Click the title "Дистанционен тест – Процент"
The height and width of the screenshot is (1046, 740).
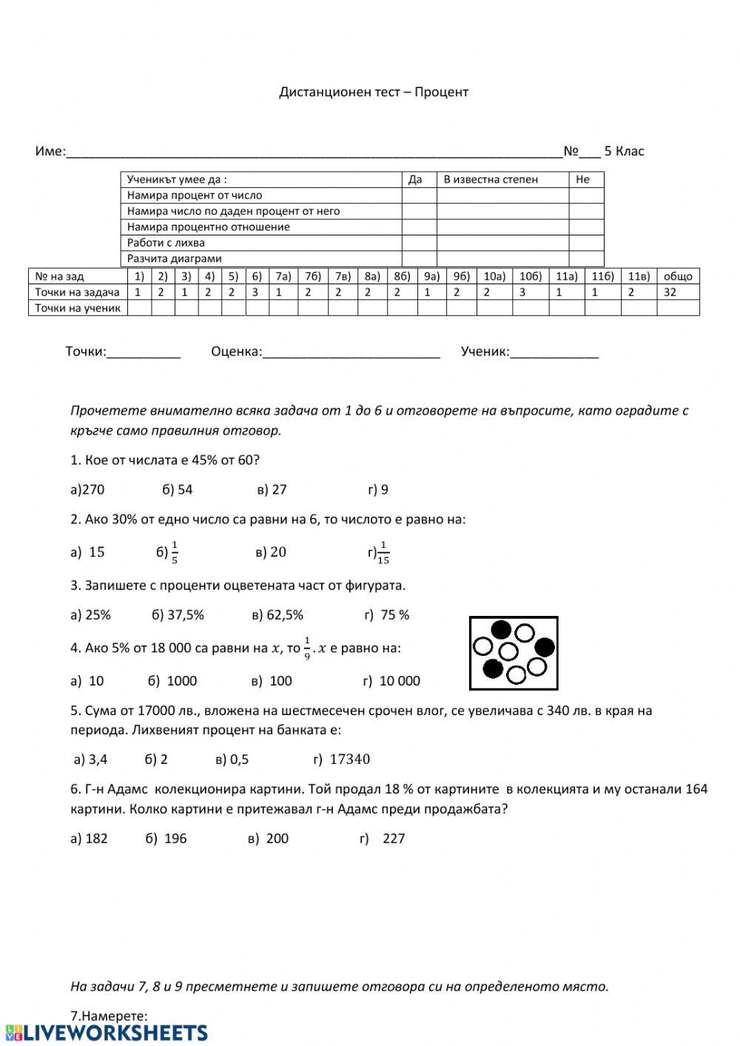tap(374, 92)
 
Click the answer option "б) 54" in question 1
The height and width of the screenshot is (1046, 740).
tap(177, 489)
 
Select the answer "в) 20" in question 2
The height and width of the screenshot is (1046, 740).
tap(271, 552)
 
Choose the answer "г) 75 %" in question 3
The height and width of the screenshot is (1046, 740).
tap(386, 615)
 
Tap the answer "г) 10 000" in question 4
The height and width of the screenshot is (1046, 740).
tap(391, 681)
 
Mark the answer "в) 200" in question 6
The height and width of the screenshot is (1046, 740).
tap(269, 839)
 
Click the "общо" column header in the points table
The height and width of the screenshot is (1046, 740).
tap(678, 276)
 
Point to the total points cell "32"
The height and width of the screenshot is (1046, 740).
tap(670, 292)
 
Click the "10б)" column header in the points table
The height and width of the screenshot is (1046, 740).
tap(531, 276)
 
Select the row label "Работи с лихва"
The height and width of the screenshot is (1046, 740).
tap(166, 243)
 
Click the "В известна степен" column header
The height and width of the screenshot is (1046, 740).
tap(491, 179)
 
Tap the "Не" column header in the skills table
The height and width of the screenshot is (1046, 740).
tap(582, 179)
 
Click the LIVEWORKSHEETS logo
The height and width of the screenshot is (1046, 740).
tap(106, 1033)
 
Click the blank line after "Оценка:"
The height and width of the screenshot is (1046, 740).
tap(351, 352)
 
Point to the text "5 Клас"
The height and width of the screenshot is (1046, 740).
tap(624, 151)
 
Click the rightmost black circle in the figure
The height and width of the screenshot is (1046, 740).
tap(545, 647)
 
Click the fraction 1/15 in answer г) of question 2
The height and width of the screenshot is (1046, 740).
tap(383, 553)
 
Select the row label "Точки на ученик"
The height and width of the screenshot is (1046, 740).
tap(78, 308)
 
